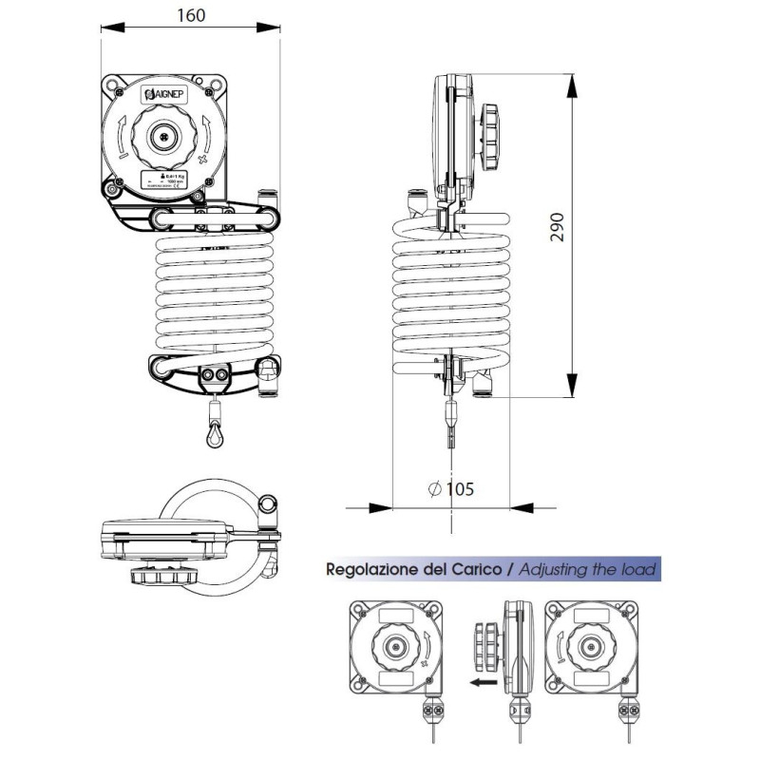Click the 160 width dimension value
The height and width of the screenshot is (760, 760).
191,15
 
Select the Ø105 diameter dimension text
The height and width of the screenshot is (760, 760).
450,489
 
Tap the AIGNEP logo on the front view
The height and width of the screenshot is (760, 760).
166,95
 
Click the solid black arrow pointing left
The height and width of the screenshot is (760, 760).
481,681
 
